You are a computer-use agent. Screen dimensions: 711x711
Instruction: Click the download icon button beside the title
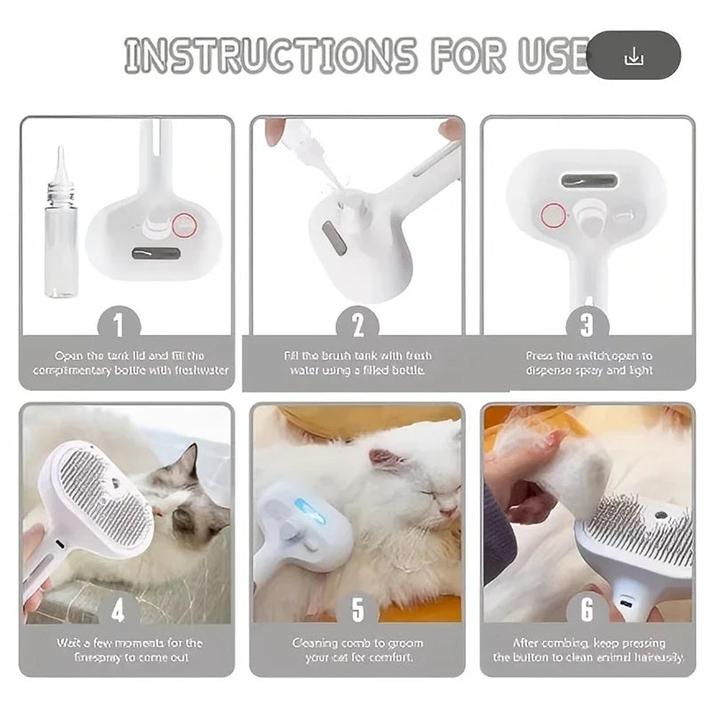(x=634, y=57)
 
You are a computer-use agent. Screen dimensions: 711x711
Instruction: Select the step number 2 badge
(x=358, y=324)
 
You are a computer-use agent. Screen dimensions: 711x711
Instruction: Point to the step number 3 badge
(x=587, y=324)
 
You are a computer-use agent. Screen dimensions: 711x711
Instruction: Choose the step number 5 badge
(x=357, y=609)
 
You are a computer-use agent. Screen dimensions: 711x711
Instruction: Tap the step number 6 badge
(x=587, y=609)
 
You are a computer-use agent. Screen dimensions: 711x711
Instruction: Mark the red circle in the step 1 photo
(x=184, y=226)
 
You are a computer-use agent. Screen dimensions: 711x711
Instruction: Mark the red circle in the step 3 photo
(x=554, y=214)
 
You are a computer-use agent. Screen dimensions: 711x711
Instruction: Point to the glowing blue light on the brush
(x=308, y=510)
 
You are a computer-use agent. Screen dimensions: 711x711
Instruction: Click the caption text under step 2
(x=357, y=363)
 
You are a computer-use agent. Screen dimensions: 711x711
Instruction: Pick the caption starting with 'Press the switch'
(x=588, y=363)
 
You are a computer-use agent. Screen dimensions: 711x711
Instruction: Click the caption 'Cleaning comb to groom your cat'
(x=357, y=650)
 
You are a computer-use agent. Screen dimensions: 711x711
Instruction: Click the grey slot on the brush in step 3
(x=588, y=181)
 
